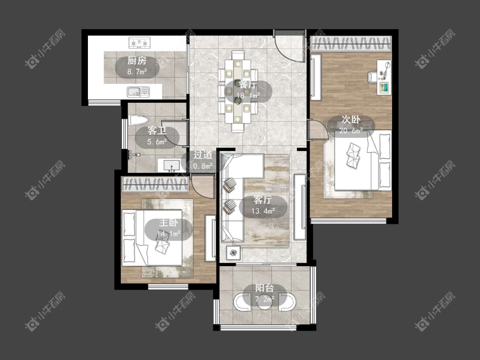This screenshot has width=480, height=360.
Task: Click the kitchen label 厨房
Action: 137,61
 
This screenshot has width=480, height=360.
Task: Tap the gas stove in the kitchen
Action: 140,43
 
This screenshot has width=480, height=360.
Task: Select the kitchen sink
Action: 138,92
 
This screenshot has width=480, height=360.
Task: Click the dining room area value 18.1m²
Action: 248,96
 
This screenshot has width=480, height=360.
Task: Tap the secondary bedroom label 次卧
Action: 351,119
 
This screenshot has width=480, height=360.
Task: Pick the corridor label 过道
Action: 203,155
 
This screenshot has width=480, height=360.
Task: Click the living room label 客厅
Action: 263,200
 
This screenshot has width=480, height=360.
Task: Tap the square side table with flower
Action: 233,253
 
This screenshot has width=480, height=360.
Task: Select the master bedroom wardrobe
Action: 155,184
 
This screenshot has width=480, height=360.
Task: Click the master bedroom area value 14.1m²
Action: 169,234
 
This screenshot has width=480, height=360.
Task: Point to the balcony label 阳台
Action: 265,288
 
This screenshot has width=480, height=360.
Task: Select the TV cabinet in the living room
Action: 300,207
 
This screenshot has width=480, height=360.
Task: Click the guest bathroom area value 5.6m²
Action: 157,142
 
